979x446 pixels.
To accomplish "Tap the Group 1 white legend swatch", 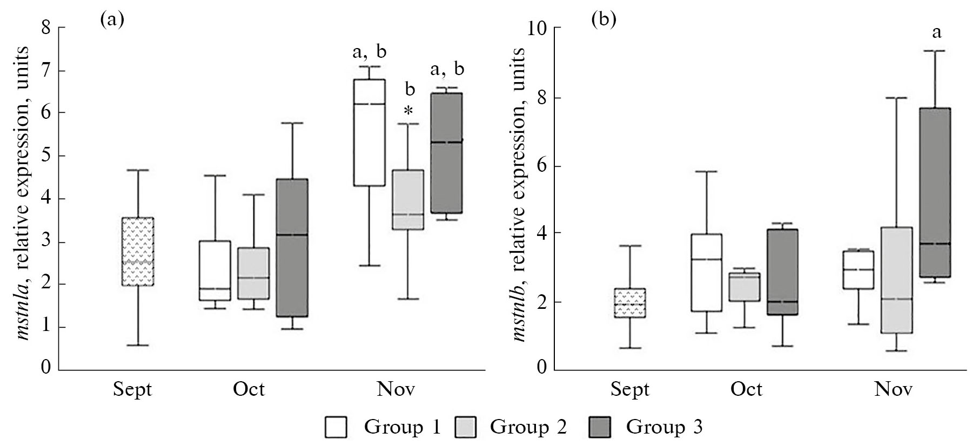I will (336, 428).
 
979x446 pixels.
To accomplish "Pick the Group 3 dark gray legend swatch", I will (598, 428).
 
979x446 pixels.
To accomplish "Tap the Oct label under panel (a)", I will (249, 389).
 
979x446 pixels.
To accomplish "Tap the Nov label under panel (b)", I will (894, 389).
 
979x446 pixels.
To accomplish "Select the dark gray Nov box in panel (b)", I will (935, 192).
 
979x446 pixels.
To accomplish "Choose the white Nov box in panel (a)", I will (369, 132).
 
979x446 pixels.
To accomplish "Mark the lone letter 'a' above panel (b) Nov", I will (936, 32).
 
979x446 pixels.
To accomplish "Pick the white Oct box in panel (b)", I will (707, 272).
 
